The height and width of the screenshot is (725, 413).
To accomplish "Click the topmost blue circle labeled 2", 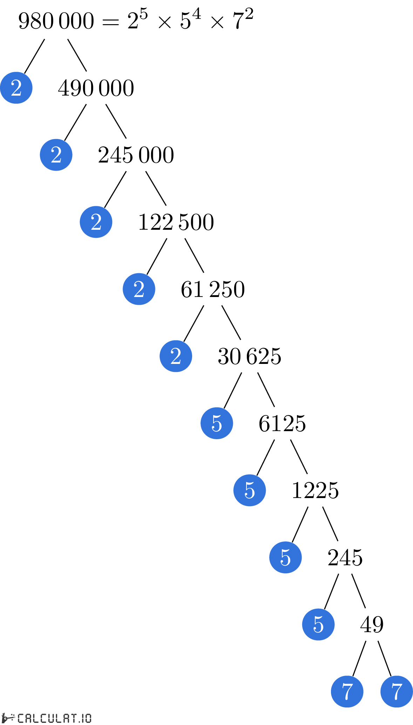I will tap(16, 88).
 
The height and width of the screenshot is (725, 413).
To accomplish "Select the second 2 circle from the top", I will tap(56, 155).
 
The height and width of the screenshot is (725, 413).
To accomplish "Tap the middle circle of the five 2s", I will tap(96, 222).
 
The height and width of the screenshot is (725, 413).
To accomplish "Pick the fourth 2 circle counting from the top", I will tap(139, 289).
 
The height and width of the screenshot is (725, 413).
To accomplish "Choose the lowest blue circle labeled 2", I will tap(176, 356).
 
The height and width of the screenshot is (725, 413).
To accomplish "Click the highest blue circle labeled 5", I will tap(217, 423).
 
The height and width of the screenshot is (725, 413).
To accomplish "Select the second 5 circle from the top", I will tap(250, 490).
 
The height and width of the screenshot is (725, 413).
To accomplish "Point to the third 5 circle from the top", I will tap(285, 557).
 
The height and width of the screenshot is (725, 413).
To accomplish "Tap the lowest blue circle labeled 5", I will tap(318, 624).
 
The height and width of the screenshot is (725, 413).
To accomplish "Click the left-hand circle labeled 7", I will tap(347, 691).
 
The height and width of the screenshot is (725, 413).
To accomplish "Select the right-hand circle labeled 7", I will tap(397, 691).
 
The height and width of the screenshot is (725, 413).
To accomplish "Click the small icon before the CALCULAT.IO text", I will tap(8, 718).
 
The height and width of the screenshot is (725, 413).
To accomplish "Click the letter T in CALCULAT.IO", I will tap(74, 718).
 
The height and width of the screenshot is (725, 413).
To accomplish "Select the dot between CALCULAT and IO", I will tap(80, 722).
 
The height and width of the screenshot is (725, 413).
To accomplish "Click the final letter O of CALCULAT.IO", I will tap(88, 718).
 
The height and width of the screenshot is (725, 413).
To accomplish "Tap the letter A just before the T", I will tap(67, 718).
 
